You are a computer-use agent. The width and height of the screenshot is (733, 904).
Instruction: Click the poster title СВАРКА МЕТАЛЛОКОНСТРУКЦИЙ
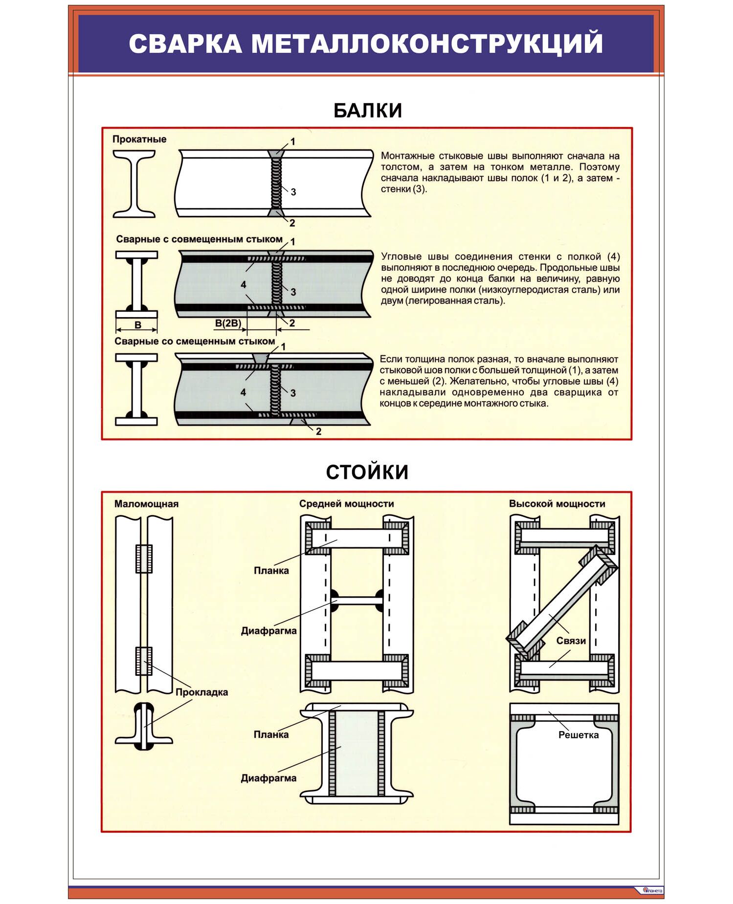click(366, 43)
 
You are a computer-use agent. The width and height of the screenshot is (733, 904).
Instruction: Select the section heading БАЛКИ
click(367, 110)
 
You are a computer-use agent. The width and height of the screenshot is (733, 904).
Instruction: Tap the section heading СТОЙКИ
click(367, 472)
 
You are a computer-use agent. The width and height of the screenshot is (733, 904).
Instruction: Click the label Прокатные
click(139, 139)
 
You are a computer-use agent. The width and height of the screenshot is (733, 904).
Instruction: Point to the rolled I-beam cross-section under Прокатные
click(134, 183)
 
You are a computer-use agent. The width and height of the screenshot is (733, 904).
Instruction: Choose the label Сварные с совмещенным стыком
click(199, 239)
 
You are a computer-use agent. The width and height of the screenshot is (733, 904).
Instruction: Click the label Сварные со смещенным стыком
click(195, 341)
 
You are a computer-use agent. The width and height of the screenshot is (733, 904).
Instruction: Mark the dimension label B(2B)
click(228, 323)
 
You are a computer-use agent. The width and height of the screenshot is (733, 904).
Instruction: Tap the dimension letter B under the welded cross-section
click(138, 325)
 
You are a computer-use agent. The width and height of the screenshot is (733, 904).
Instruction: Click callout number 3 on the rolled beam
click(293, 192)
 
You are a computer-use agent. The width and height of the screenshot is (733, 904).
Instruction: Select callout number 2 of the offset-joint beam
click(319, 431)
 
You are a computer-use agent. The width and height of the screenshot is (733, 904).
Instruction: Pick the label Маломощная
click(146, 504)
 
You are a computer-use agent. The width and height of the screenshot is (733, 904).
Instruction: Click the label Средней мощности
click(346, 504)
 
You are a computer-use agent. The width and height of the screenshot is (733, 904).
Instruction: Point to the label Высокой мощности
click(557, 504)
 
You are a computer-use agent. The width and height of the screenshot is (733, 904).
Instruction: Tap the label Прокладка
click(201, 692)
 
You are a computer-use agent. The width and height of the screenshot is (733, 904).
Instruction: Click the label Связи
click(571, 641)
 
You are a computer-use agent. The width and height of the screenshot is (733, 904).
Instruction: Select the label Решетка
click(578, 735)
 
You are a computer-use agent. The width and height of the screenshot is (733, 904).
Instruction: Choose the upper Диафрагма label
click(268, 631)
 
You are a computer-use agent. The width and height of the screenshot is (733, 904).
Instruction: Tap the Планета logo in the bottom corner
click(652, 890)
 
